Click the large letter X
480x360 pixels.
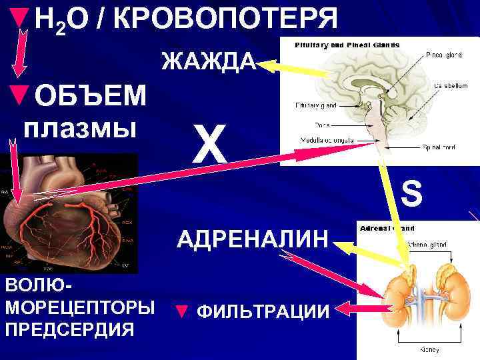click(x=210, y=144)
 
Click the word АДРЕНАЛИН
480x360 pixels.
click(x=253, y=238)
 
